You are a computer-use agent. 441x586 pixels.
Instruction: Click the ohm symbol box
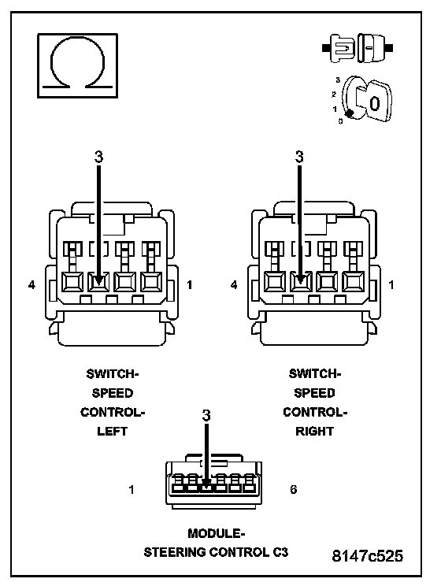click(77, 65)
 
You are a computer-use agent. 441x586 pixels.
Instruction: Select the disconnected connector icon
click(358, 48)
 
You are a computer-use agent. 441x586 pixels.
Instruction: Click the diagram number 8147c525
click(368, 556)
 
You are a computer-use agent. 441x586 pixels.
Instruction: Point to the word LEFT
click(112, 432)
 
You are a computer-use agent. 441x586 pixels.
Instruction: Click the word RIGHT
click(314, 432)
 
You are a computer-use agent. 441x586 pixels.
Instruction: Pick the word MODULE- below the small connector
click(216, 533)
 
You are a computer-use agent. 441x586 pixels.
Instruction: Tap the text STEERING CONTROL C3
click(216, 552)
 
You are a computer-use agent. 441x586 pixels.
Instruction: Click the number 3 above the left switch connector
click(98, 157)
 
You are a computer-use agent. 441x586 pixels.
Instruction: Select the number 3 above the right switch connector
click(299, 157)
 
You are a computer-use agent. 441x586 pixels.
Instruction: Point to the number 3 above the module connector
click(206, 415)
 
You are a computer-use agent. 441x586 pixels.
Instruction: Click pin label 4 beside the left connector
click(31, 285)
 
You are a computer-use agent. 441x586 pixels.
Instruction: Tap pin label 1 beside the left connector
click(190, 285)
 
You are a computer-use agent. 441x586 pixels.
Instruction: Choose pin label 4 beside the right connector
click(234, 285)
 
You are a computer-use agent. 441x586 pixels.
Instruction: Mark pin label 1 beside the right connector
click(391, 285)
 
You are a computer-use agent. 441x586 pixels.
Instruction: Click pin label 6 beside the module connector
click(294, 489)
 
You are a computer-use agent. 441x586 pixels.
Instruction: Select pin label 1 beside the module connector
click(132, 489)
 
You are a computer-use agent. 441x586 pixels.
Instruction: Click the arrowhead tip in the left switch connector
click(98, 286)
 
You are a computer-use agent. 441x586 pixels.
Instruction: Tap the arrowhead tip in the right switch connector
click(299, 286)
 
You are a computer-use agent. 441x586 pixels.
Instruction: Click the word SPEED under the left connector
click(113, 393)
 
